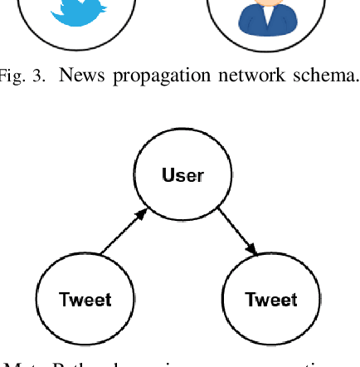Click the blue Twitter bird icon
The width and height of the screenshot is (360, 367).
[73, 10]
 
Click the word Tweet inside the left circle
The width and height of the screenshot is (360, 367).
[85, 299]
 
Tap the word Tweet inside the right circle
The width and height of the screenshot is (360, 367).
[271, 299]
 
